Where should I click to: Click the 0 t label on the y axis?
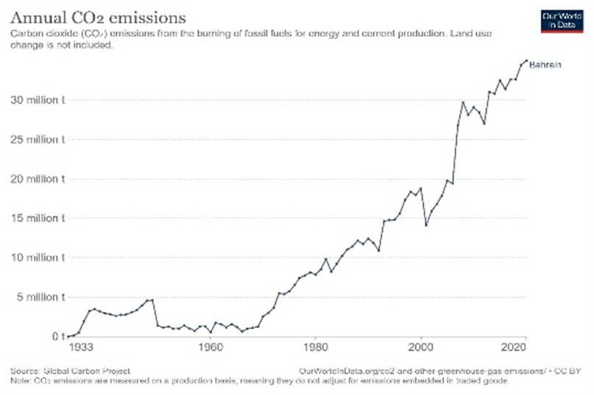pyautogui.click(x=60, y=337)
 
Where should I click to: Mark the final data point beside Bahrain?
pyautogui.click(x=526, y=60)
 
